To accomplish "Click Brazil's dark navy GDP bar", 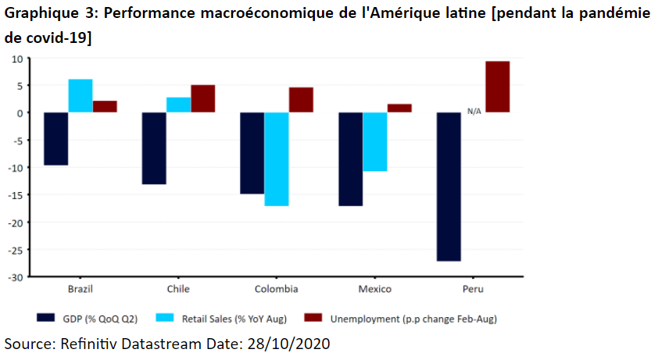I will [x=56, y=138].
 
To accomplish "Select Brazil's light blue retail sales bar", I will [x=80, y=95].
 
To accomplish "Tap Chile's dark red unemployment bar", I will [x=203, y=98].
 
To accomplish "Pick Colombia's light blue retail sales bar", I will [x=277, y=159].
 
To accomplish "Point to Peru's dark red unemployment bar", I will [x=498, y=87].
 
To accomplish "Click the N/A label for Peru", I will [x=474, y=112].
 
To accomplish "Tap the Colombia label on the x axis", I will [x=276, y=289].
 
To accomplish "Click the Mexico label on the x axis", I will [x=374, y=289].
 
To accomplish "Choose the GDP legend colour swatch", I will [x=48, y=318].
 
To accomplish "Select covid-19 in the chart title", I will [x=58, y=37].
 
